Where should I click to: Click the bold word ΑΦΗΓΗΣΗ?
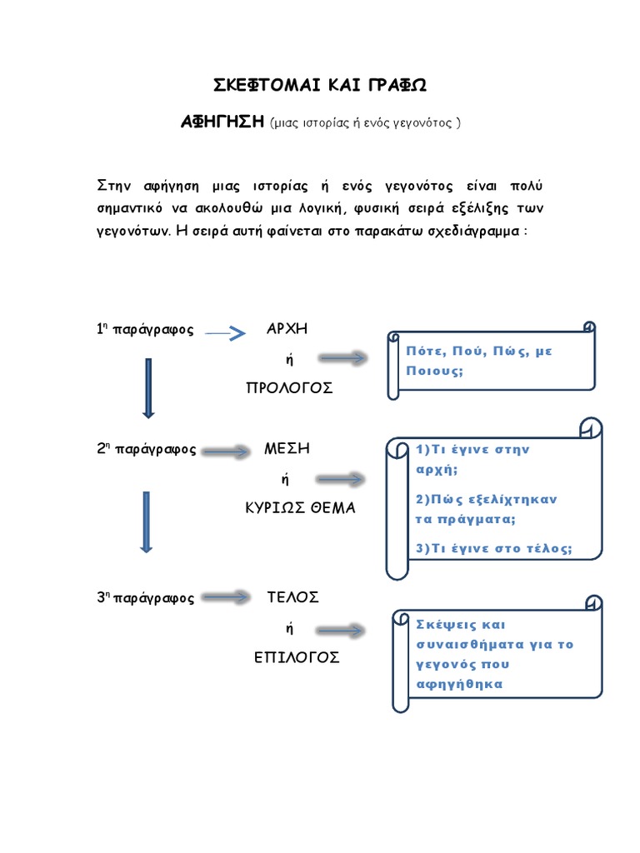(x=222, y=122)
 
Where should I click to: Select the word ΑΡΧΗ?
(x=287, y=328)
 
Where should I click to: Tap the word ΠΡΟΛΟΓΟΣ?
(x=289, y=388)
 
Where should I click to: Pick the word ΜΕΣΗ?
(x=287, y=448)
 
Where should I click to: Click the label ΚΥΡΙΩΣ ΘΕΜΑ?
(x=299, y=508)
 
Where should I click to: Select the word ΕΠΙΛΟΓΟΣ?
(x=297, y=657)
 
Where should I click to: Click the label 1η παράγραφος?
(x=145, y=330)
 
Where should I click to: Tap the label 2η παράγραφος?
(x=146, y=450)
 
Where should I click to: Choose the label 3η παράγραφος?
(x=145, y=598)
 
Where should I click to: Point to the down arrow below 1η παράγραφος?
(x=148, y=387)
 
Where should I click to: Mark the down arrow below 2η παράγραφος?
(x=147, y=521)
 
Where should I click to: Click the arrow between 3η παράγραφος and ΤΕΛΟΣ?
(x=227, y=597)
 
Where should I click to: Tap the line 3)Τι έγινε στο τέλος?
(x=493, y=548)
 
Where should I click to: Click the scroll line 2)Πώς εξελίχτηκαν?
(x=486, y=499)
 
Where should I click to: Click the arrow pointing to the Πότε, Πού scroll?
(x=342, y=358)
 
